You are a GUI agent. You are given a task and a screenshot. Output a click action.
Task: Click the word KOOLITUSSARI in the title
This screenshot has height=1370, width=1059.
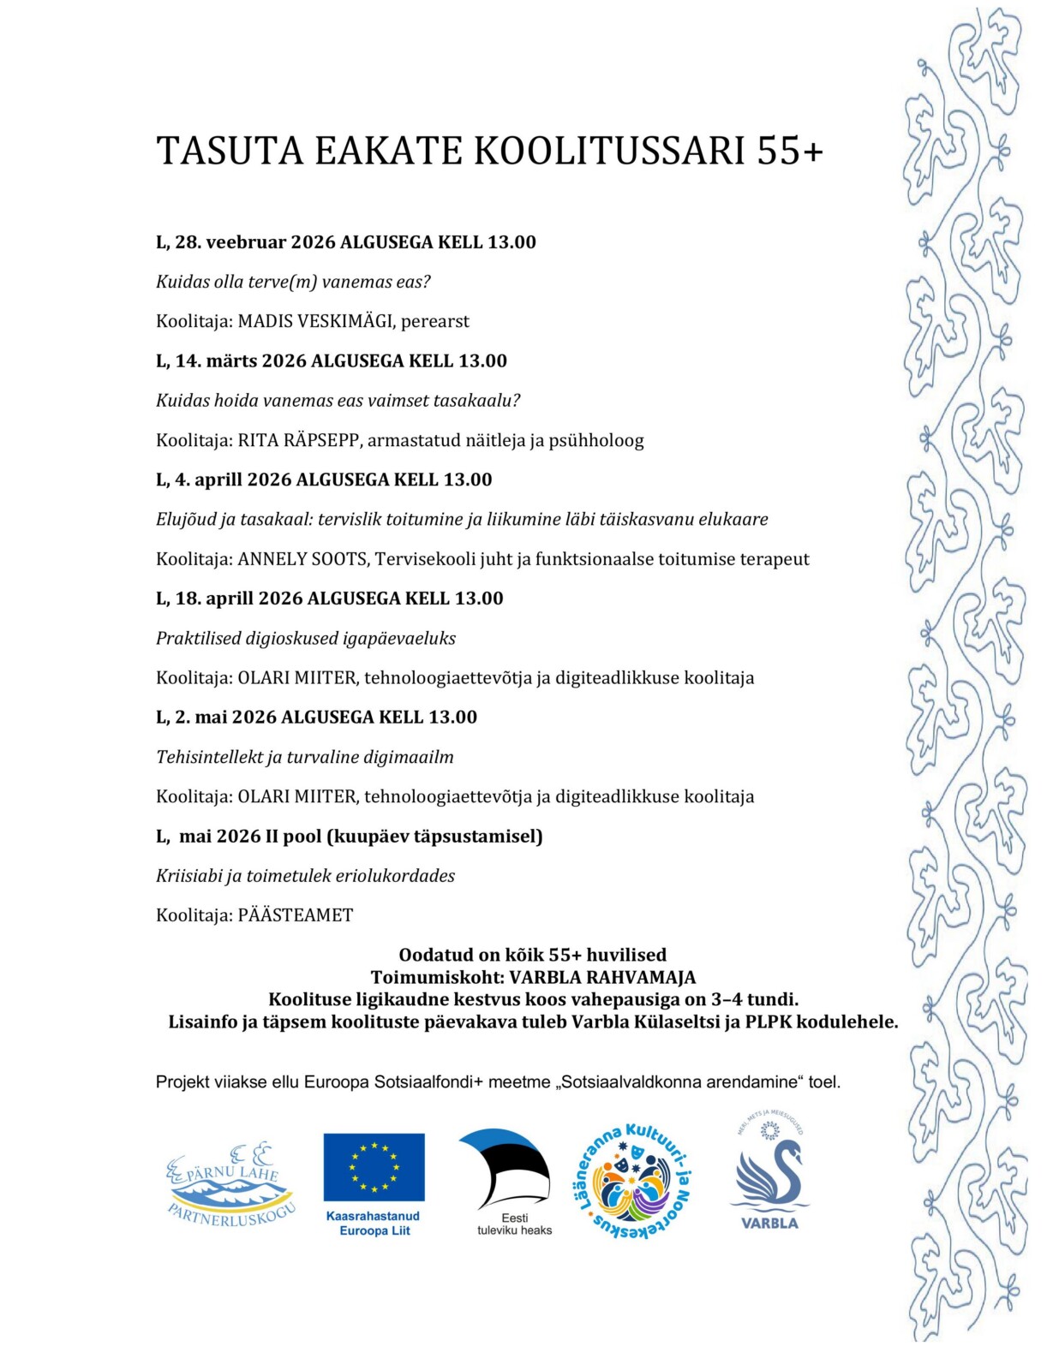tap(609, 151)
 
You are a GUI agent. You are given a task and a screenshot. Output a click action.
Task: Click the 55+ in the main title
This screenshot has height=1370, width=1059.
tap(789, 151)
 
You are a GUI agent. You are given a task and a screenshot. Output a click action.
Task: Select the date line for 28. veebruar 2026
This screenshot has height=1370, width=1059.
tap(345, 242)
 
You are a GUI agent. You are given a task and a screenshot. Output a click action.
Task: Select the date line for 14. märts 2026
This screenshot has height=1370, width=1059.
tap(331, 360)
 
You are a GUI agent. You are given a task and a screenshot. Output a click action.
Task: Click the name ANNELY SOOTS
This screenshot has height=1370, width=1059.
tap(302, 559)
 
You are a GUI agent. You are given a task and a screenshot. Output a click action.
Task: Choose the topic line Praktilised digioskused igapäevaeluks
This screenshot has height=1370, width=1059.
tap(305, 638)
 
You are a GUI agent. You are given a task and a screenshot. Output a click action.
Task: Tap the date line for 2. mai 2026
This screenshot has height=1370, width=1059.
tap(316, 717)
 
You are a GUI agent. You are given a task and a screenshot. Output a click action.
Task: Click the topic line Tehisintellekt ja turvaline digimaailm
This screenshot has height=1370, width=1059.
tap(304, 757)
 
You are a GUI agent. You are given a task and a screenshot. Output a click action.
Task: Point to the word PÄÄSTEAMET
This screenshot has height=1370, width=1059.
tap(295, 915)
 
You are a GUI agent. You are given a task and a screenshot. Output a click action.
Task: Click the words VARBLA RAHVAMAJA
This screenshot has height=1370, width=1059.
tap(602, 977)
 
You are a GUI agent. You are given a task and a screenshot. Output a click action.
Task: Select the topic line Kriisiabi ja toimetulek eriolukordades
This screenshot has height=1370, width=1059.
tap(305, 876)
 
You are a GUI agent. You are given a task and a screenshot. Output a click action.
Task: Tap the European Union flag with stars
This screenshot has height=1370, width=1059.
tap(374, 1167)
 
